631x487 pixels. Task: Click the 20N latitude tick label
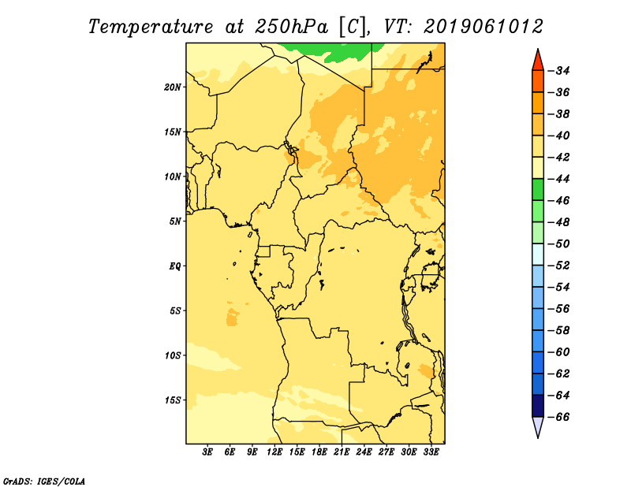(x=173, y=87)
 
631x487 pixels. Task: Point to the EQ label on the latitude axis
(x=174, y=266)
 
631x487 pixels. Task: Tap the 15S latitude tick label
(x=173, y=400)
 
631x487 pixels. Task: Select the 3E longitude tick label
(x=207, y=452)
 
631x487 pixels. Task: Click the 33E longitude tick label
(x=431, y=452)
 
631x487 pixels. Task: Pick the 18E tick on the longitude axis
(x=319, y=452)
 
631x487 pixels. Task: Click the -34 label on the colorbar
(x=559, y=71)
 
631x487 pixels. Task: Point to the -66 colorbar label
(x=559, y=417)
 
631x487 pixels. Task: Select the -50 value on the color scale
(x=559, y=243)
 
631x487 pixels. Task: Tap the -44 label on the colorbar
(x=559, y=179)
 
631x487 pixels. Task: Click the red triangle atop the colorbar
(x=538, y=61)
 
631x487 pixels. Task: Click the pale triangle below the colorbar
(x=538, y=427)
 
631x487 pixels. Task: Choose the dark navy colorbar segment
(x=538, y=406)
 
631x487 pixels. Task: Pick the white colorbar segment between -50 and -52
(x=538, y=255)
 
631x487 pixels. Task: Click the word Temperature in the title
(x=150, y=27)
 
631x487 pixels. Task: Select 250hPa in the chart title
(x=291, y=27)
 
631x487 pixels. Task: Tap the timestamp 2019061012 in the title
(x=484, y=27)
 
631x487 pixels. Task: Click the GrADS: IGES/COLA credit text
(x=44, y=481)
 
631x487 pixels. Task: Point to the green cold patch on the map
(x=334, y=52)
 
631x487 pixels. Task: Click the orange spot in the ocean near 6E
(x=232, y=318)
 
